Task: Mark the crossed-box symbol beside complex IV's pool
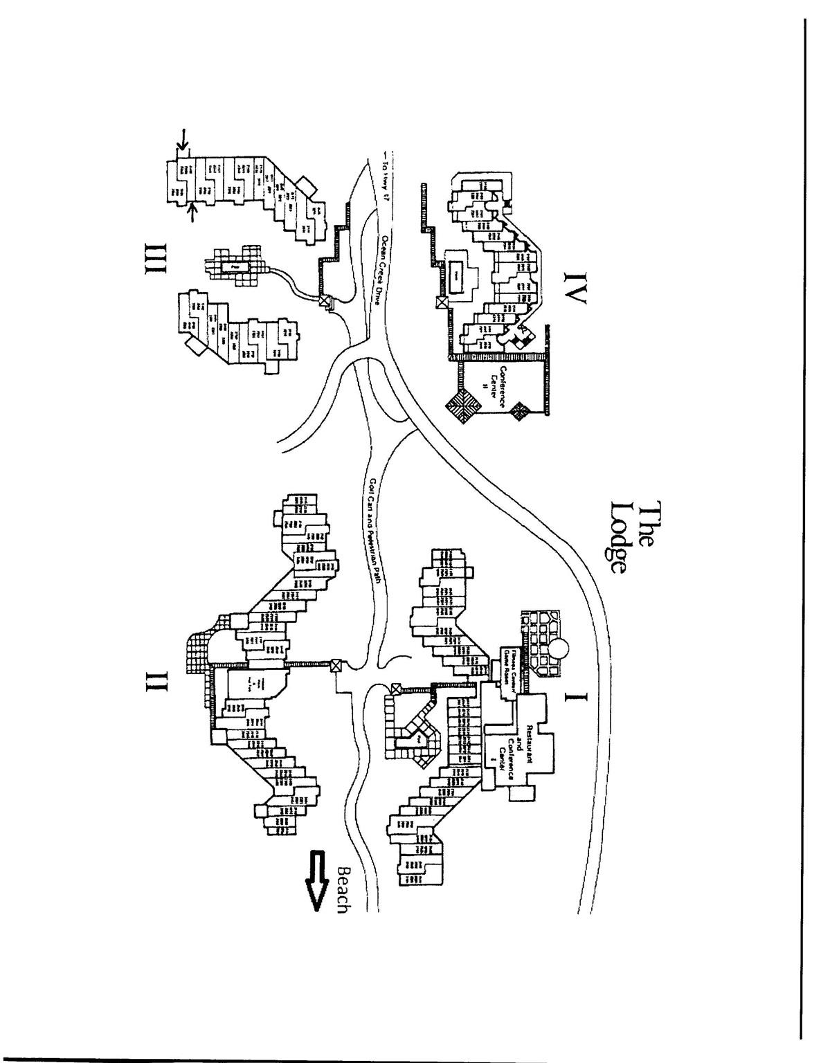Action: coord(441,302)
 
